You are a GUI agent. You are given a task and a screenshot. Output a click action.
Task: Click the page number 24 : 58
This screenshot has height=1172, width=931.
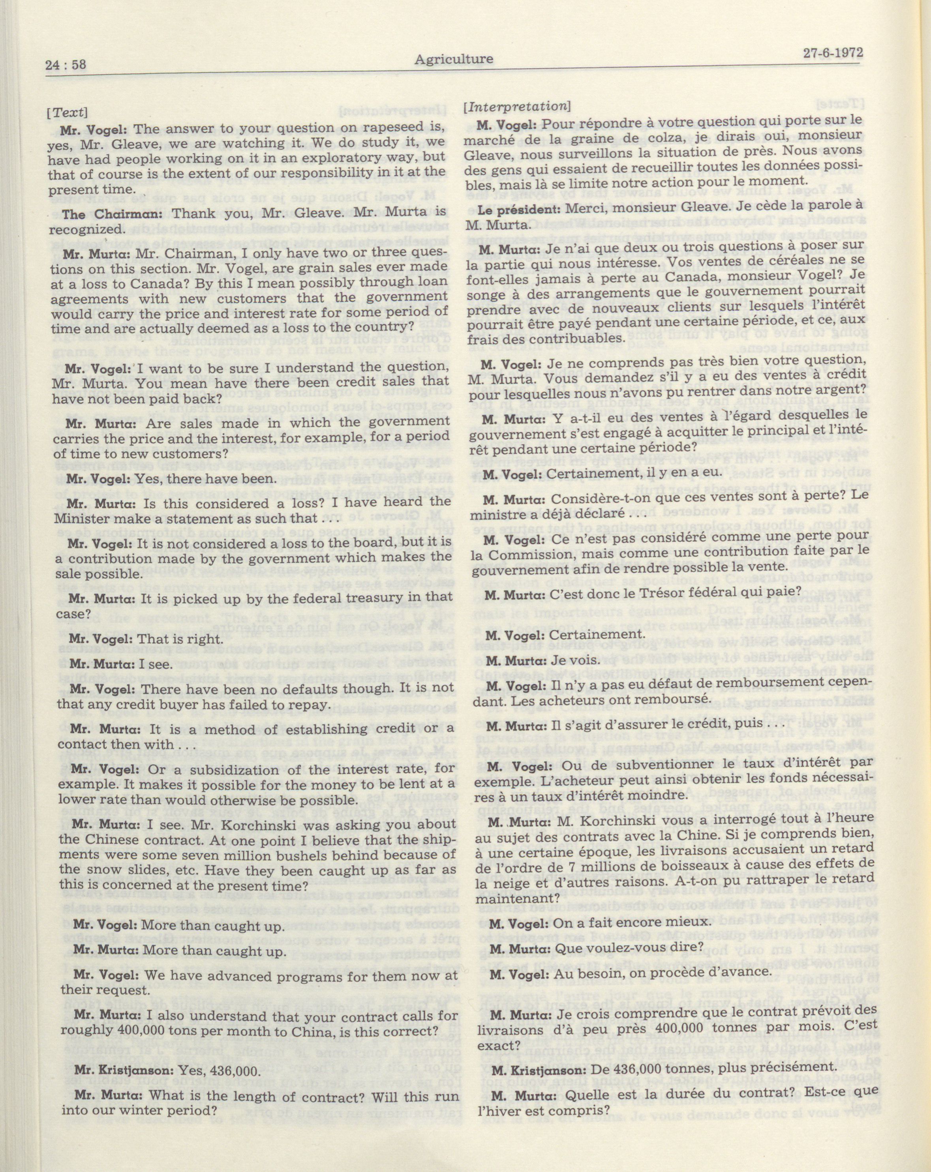coord(67,65)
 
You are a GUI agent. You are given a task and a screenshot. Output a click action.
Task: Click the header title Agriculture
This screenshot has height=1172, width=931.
coord(454,59)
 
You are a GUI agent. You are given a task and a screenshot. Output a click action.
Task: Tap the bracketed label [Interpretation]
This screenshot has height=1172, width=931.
coord(516,107)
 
